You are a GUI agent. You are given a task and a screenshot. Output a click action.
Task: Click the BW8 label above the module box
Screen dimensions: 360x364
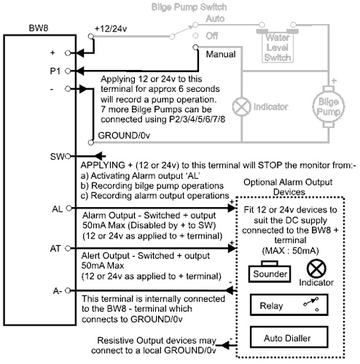(39, 28)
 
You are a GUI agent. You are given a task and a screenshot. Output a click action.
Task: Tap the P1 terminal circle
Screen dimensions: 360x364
(68, 71)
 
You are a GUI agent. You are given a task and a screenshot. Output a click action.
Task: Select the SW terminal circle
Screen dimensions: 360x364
(68, 156)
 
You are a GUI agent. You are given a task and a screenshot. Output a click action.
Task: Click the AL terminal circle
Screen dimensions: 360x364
(69, 208)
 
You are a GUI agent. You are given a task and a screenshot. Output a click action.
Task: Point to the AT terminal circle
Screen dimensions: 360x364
(68, 248)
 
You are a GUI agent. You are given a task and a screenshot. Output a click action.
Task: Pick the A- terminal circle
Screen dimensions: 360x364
(68, 290)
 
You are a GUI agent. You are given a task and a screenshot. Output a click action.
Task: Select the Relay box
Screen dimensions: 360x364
(289, 305)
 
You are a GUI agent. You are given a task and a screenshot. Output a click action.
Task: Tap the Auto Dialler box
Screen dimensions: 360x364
(289, 337)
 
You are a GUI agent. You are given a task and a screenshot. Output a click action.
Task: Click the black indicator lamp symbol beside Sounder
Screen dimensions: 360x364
(316, 268)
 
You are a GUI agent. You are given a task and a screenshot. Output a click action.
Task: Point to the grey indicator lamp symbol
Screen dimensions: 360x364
(241, 107)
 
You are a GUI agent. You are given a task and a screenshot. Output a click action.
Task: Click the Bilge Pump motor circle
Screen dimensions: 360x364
(329, 107)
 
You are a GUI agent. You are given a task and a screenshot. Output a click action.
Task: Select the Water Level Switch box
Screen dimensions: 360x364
(278, 47)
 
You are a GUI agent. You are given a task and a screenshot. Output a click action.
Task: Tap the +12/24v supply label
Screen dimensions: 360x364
(111, 29)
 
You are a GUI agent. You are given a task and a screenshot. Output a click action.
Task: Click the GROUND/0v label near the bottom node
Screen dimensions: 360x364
(124, 135)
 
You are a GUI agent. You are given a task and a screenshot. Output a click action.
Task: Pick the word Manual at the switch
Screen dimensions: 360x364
(221, 54)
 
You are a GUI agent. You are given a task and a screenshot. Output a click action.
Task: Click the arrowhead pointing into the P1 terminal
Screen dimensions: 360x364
(80, 71)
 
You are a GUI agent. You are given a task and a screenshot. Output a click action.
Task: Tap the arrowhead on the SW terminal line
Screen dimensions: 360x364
(99, 156)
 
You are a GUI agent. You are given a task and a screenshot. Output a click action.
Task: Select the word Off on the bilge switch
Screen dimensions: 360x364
(212, 36)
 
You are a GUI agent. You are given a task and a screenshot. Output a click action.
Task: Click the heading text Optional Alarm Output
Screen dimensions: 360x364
(288, 182)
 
